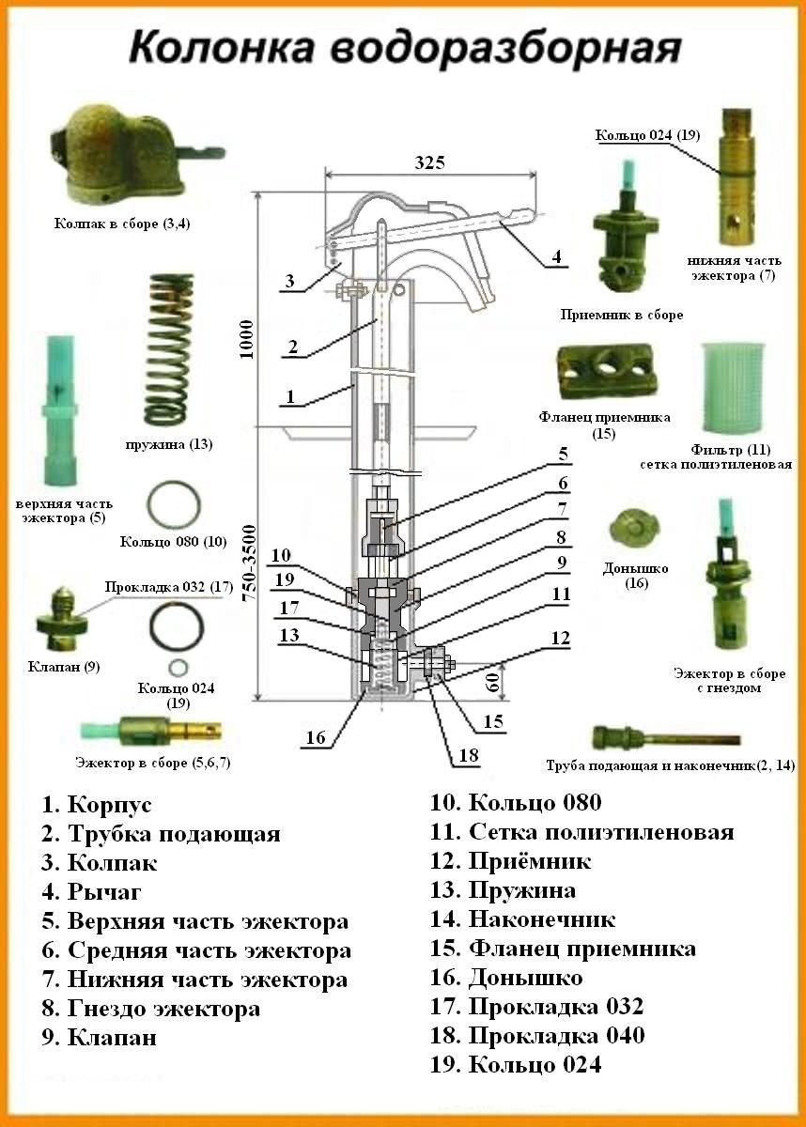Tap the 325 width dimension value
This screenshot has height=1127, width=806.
click(428, 162)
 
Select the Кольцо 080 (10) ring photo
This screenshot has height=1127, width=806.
click(173, 505)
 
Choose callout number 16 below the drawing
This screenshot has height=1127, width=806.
click(316, 738)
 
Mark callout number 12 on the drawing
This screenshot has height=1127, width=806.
click(560, 640)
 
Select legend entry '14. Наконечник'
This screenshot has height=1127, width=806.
click(522, 919)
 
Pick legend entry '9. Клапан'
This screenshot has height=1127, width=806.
click(99, 1038)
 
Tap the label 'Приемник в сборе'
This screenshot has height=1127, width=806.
click(621, 316)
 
